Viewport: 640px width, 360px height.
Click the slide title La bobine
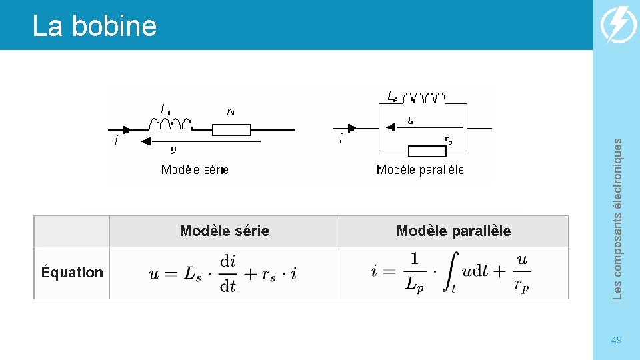tap(94, 26)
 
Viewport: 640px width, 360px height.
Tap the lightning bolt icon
tap(618, 25)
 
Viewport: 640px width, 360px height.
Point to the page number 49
tap(617, 341)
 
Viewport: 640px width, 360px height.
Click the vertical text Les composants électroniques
tap(617, 218)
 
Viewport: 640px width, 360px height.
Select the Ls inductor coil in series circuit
tap(170, 124)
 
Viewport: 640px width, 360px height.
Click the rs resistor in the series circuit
tap(231, 129)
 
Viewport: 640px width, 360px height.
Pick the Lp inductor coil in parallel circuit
tap(425, 98)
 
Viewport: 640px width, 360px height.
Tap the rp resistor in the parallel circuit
tap(427, 150)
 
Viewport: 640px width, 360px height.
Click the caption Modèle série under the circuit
tap(195, 169)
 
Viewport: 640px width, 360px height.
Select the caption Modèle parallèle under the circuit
tap(420, 169)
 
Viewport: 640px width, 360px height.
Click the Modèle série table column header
tap(224, 231)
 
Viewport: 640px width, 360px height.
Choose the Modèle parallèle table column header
tap(453, 231)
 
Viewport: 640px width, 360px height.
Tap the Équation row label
tap(72, 272)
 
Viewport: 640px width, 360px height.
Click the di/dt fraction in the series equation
tap(228, 273)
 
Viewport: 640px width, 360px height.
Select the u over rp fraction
tap(521, 272)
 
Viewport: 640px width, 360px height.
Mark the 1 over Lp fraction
tap(413, 272)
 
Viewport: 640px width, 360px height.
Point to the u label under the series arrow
tap(173, 151)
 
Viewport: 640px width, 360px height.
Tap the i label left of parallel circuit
tap(341, 139)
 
